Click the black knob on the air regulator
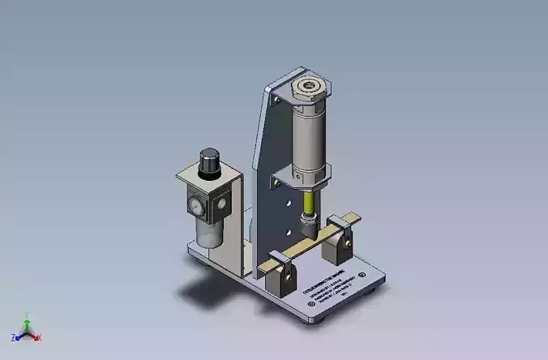point(210,160)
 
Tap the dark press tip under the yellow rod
point(307,221)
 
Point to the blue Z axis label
point(15,336)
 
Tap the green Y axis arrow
point(27,322)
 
